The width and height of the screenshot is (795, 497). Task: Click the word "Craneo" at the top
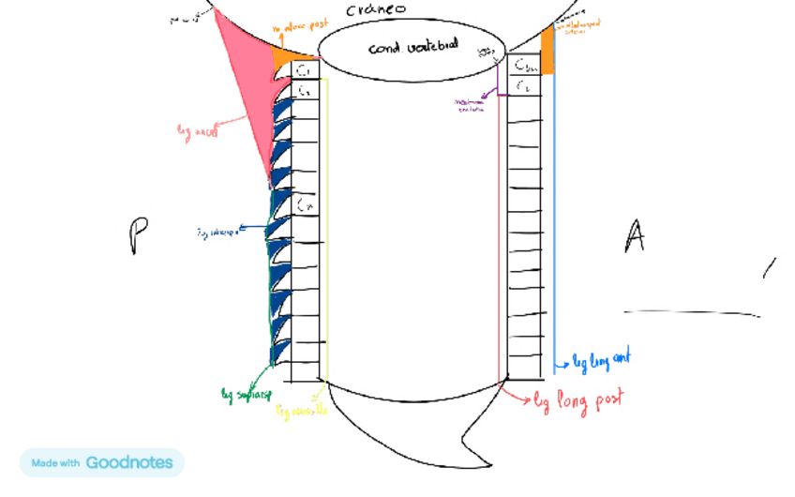coord(374,10)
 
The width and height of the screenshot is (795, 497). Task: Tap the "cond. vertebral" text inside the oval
coord(412,44)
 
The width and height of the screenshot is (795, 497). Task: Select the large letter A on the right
coord(635,235)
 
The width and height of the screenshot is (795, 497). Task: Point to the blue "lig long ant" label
coord(601,360)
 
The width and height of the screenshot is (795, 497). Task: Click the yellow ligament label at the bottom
coord(302,411)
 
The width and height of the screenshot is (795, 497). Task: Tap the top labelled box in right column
coord(526,66)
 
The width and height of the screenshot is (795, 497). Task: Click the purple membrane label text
coord(470,105)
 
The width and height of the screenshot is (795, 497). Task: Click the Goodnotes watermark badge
coord(101,462)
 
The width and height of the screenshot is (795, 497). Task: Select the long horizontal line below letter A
coord(692,312)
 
